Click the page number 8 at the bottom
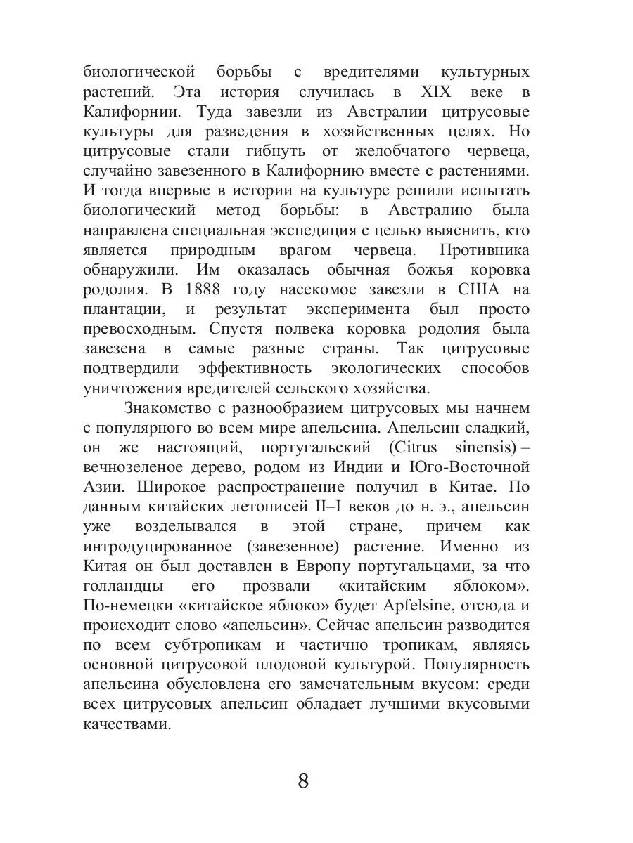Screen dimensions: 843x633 303,780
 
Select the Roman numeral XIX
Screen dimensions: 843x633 437,92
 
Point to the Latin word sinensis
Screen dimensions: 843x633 479,447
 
